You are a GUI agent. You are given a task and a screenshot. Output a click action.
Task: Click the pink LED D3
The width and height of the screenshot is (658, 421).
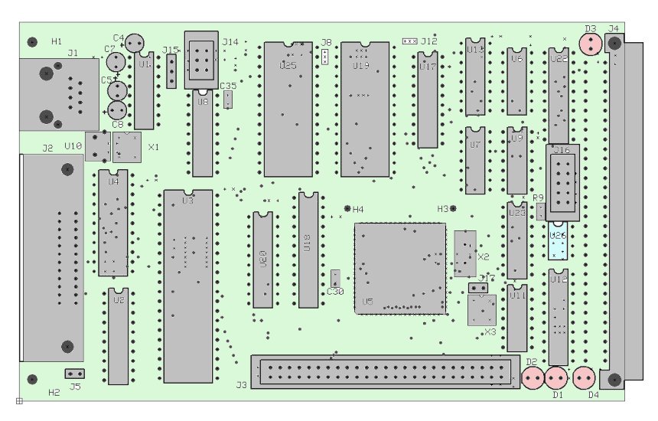591,44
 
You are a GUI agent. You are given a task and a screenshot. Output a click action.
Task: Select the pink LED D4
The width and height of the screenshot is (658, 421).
585,378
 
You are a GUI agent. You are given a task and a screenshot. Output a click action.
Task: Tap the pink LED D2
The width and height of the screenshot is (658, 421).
533,378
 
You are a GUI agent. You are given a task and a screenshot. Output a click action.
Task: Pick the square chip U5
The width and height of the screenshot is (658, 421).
399,268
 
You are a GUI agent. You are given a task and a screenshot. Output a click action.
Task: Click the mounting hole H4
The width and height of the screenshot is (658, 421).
347,208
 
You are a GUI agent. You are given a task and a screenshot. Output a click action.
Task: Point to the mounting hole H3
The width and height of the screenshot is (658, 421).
453,208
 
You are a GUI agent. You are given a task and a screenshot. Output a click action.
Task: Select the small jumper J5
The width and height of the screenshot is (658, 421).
74,374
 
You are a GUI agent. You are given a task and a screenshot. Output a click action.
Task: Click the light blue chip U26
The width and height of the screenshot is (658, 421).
558,243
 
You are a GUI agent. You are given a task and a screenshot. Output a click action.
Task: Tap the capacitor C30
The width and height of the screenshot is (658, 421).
335,278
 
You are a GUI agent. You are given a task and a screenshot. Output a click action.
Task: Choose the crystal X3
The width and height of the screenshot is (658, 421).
481,310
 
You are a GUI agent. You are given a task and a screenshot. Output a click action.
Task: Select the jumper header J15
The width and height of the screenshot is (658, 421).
171,71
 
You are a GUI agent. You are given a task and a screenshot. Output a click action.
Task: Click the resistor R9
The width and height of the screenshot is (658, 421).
541,211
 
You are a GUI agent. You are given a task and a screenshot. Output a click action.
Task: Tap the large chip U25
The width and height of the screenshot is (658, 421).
288,109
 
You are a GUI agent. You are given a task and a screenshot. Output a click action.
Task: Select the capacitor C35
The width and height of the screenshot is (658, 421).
228,99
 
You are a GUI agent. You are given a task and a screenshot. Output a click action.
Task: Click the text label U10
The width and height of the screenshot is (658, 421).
73,145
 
